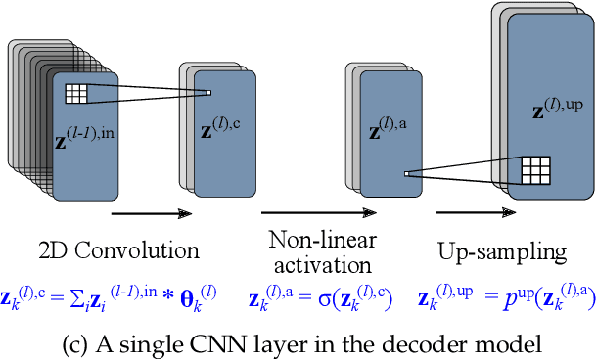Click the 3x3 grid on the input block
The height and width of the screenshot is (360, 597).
(x=77, y=94)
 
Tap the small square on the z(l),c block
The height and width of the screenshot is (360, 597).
(x=208, y=94)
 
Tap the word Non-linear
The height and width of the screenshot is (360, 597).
(x=318, y=242)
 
